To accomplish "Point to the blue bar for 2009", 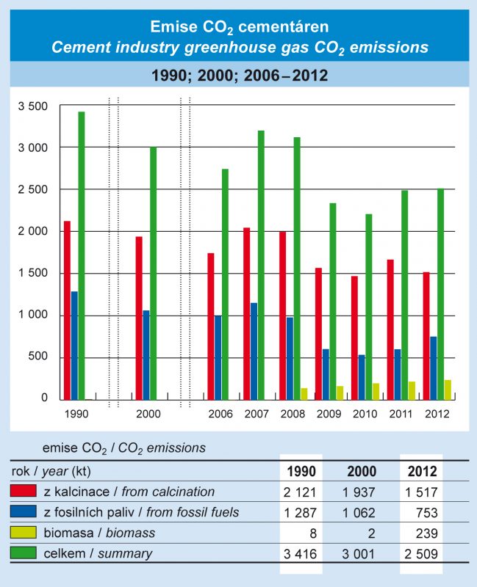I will click(x=326, y=374).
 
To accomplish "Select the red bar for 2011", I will click(x=390, y=329).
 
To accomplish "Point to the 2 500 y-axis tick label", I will click(x=33, y=190).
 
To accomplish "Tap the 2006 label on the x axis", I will click(x=220, y=414).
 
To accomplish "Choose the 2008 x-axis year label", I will click(x=293, y=414).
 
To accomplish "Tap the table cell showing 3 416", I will click(x=302, y=553).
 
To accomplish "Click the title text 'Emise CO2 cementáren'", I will click(x=239, y=28).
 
